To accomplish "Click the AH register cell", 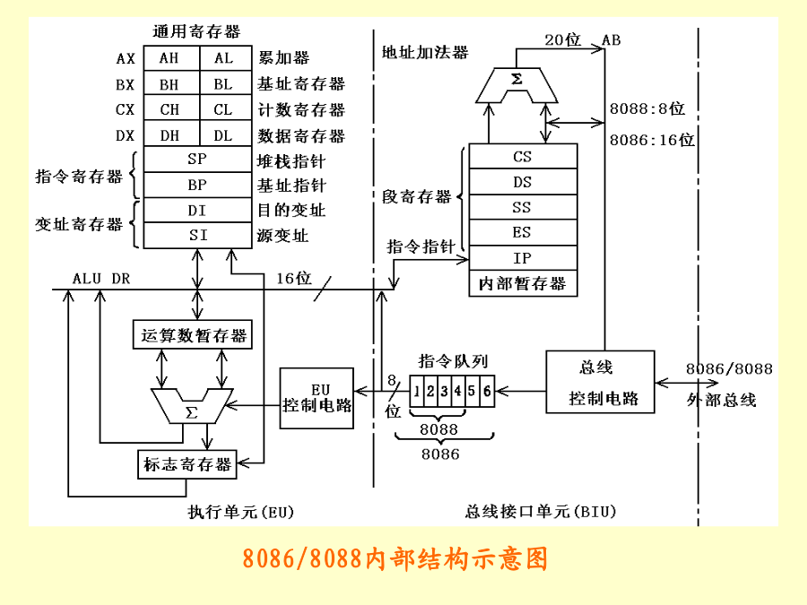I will (x=169, y=58).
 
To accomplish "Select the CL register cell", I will (x=223, y=110).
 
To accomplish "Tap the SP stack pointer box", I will (x=196, y=160).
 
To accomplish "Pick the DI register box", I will (x=196, y=211).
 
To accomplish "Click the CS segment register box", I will (x=523, y=157).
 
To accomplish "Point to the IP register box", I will (x=523, y=258).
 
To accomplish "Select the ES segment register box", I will (x=523, y=233).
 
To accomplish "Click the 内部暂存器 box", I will (x=523, y=284).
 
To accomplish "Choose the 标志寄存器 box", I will (x=187, y=464).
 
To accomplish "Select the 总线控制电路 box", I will (x=601, y=381).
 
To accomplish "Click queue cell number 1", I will (x=418, y=391).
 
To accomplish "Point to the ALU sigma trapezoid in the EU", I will (x=191, y=409).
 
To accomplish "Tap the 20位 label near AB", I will (x=563, y=39).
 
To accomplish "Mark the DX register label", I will (x=126, y=136).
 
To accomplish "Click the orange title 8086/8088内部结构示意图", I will (x=395, y=559).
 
